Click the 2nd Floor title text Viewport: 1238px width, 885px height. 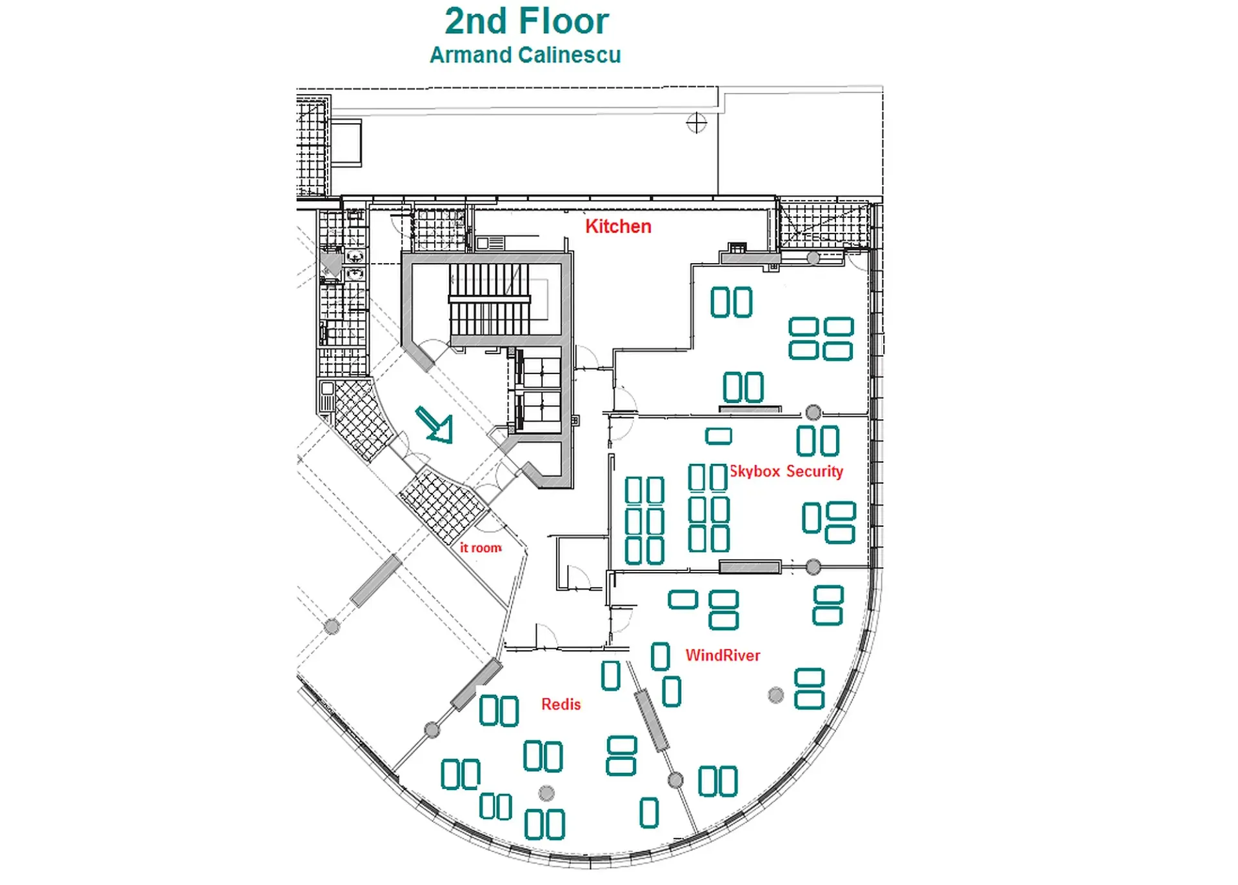(x=526, y=21)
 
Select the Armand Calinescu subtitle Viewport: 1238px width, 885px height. (x=525, y=55)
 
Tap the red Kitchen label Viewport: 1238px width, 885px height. (x=618, y=226)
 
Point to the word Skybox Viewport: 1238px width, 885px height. (x=755, y=472)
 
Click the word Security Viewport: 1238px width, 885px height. (x=814, y=472)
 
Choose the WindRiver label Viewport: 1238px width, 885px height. (x=723, y=655)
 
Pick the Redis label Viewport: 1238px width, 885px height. (x=561, y=704)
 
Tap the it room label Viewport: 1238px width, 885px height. (x=481, y=548)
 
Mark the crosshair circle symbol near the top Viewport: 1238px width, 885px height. (x=697, y=123)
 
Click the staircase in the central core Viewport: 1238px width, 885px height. (x=489, y=299)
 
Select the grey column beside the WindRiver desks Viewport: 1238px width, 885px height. (x=776, y=695)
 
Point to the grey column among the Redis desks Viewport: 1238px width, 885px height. (x=546, y=793)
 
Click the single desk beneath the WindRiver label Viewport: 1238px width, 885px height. (x=672, y=691)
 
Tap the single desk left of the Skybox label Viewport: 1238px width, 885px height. (x=718, y=436)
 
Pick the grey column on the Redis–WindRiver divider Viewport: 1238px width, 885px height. (x=675, y=781)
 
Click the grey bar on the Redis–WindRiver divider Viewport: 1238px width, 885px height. (x=652, y=720)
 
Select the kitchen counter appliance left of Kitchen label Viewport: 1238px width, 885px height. (x=490, y=243)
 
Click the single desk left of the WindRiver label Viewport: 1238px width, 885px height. (x=660, y=657)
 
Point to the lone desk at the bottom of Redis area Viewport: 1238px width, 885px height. (x=649, y=813)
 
